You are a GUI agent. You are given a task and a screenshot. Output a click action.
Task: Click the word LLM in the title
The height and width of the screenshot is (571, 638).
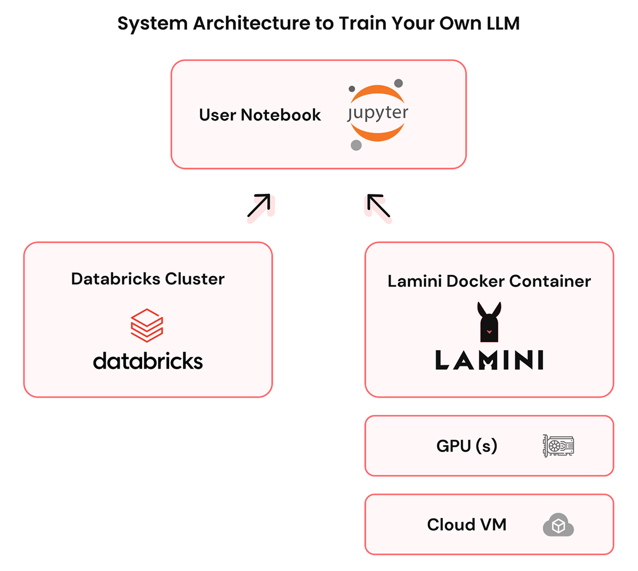(x=502, y=23)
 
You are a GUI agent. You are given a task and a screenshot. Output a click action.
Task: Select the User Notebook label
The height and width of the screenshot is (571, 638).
(x=259, y=115)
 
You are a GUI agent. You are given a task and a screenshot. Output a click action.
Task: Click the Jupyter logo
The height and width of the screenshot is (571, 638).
(x=377, y=113)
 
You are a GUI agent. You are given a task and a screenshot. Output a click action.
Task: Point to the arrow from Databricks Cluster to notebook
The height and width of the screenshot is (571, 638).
(x=259, y=206)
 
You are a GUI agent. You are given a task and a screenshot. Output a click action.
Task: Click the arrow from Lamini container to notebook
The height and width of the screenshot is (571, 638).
(x=379, y=206)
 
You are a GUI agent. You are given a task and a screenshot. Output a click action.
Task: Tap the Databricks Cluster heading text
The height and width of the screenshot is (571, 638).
(x=148, y=279)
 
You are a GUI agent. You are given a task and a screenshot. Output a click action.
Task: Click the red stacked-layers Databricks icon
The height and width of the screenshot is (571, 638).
(x=147, y=325)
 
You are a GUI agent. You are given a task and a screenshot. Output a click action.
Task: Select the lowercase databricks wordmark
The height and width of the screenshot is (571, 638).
(x=148, y=361)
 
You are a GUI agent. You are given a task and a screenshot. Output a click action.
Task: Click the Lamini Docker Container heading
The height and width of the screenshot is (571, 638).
(x=489, y=281)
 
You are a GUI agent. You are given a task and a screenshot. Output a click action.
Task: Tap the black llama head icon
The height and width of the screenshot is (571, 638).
(x=489, y=322)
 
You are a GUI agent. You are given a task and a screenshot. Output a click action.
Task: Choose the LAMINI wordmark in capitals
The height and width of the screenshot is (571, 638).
(x=489, y=360)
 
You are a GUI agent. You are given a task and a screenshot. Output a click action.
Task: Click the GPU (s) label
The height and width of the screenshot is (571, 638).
(x=467, y=446)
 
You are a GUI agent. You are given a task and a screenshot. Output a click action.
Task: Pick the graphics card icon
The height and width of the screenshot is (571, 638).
(x=558, y=446)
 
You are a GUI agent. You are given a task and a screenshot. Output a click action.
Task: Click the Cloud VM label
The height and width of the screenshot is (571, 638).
(x=467, y=525)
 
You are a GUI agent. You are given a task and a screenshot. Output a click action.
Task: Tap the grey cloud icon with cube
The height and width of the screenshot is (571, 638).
(x=558, y=525)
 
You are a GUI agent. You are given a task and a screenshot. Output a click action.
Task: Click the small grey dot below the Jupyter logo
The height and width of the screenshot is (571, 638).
(x=356, y=145)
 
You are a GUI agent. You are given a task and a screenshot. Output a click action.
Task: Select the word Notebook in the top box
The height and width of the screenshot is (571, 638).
(x=281, y=115)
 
